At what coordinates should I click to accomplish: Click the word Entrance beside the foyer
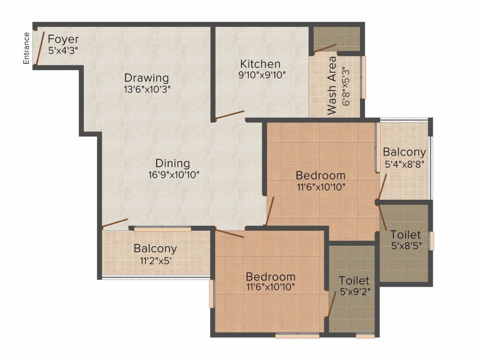click(26, 48)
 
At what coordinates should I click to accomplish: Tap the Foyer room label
click(63, 39)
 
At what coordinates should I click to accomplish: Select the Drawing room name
click(147, 78)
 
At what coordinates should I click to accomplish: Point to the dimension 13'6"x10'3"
click(147, 90)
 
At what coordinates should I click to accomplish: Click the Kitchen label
click(260, 64)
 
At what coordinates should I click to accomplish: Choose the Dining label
click(172, 163)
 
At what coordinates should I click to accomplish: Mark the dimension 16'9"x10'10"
click(174, 175)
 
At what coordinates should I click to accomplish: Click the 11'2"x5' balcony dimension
click(155, 261)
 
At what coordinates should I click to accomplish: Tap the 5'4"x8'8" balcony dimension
click(405, 165)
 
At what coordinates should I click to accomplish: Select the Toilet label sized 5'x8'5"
click(405, 235)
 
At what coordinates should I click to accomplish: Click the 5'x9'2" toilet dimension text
click(355, 292)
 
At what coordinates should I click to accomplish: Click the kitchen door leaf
click(230, 115)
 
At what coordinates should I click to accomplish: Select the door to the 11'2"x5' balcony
click(115, 223)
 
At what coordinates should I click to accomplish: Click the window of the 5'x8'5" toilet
click(432, 241)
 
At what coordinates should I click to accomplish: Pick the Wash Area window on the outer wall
click(364, 77)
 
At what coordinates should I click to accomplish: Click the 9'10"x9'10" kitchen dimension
click(262, 75)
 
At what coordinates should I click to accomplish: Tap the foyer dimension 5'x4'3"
click(63, 50)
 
